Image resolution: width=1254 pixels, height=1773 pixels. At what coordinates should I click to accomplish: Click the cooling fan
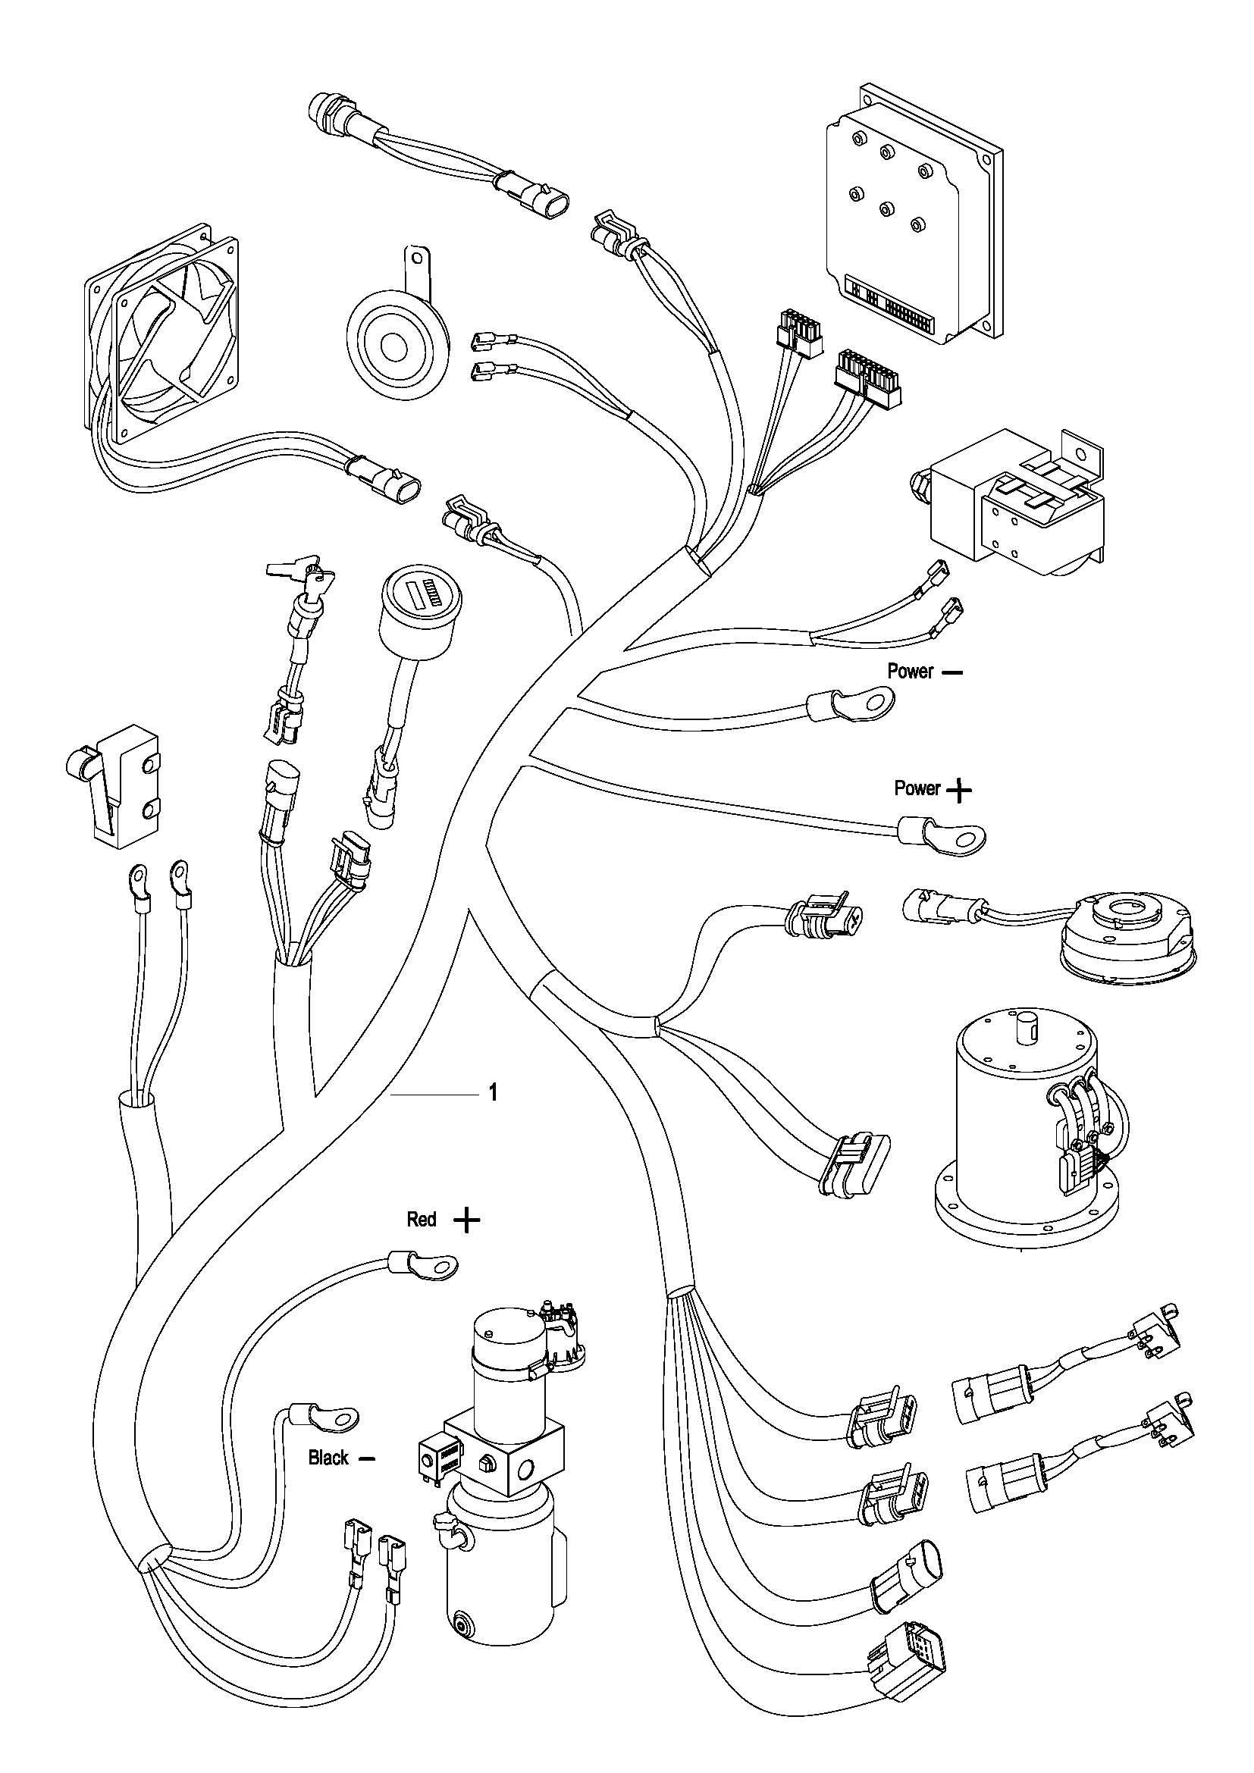[158, 340]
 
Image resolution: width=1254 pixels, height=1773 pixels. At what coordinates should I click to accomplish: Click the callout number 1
[494, 1094]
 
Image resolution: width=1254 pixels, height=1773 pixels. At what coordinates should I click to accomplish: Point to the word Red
[422, 1220]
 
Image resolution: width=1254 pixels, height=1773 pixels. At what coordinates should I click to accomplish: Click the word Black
[328, 1458]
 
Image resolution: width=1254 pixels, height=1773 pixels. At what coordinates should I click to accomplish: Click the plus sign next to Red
[466, 1220]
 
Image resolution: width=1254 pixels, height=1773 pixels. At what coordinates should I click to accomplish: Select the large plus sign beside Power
[959, 790]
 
